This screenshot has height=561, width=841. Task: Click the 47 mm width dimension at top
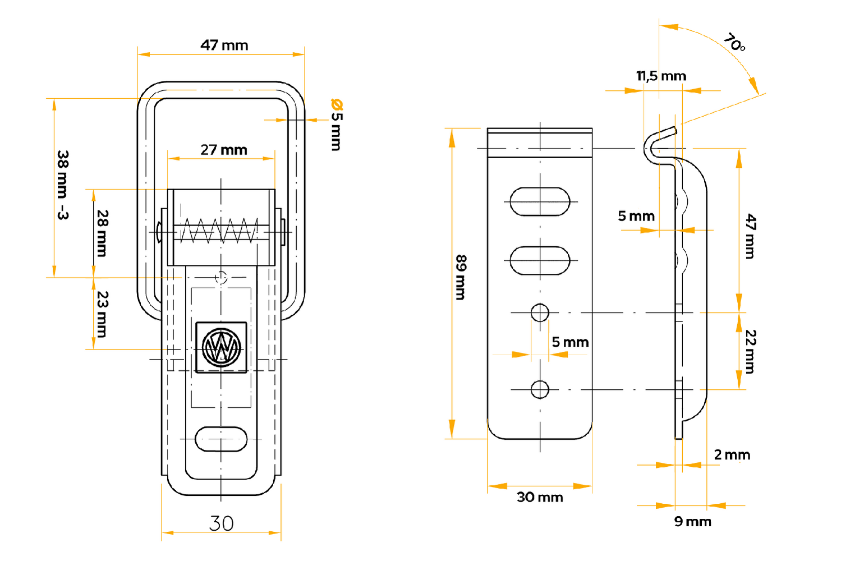coord(224,45)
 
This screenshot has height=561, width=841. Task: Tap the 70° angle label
coord(734,42)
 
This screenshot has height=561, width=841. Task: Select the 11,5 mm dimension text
coord(661,76)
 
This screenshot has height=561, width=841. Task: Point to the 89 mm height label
coord(461,277)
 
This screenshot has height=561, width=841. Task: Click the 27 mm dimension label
coord(224,150)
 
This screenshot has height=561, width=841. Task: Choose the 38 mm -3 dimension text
coord(63,185)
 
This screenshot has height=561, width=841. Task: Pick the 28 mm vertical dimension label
coord(102,233)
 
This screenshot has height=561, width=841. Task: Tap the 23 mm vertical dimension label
coord(102,314)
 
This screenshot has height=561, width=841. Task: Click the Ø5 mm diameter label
coord(336,125)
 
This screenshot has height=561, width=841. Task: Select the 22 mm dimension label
coord(751,351)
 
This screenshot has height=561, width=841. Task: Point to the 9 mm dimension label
coord(692,522)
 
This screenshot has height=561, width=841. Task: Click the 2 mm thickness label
coord(732,455)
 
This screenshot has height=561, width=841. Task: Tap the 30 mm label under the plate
coord(540,497)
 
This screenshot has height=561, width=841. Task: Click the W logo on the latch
coord(222,347)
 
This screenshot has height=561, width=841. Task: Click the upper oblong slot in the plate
coord(540,201)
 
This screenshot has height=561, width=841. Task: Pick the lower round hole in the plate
coord(540,389)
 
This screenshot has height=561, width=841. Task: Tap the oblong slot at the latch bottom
coord(221,439)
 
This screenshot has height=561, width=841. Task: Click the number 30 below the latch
coord(221,523)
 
